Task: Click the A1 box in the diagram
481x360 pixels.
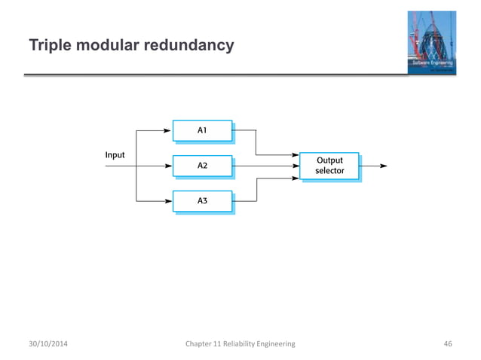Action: click(202, 130)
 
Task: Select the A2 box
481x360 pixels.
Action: click(202, 165)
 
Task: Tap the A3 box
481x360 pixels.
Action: click(202, 201)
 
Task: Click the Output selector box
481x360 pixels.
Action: click(329, 166)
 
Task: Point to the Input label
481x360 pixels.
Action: click(115, 155)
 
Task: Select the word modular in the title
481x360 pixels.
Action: click(106, 47)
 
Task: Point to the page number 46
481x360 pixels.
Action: click(447, 343)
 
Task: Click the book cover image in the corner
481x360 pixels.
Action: click(432, 43)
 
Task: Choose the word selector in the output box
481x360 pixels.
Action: click(329, 171)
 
